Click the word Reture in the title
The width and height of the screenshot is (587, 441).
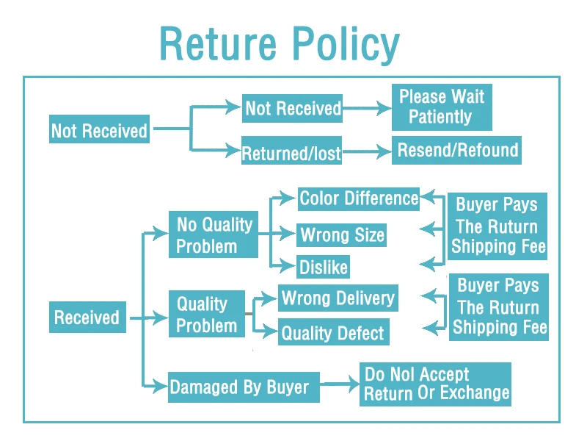point(218,44)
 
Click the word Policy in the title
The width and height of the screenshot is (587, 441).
point(346,45)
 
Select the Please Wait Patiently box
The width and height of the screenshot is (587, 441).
point(442,107)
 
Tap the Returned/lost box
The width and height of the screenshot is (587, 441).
point(291,151)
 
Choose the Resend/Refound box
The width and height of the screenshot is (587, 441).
point(456,150)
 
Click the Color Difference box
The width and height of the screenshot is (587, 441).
point(359,198)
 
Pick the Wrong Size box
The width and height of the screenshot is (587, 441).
point(341,235)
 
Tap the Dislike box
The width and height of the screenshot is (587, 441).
point(323,267)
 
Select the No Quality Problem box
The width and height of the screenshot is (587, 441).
point(214,234)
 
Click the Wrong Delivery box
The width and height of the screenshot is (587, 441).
point(338,298)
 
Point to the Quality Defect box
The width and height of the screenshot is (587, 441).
point(334,332)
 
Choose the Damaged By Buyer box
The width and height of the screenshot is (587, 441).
point(244,387)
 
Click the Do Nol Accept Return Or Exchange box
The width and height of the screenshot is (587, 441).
point(435,384)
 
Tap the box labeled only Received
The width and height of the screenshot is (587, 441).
point(87,317)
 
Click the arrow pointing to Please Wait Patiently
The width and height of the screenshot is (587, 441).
point(367,108)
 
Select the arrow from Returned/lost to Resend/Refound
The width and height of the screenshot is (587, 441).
point(367,151)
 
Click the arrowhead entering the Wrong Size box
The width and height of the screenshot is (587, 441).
point(288,233)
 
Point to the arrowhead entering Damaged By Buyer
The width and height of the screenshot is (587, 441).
point(159,386)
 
